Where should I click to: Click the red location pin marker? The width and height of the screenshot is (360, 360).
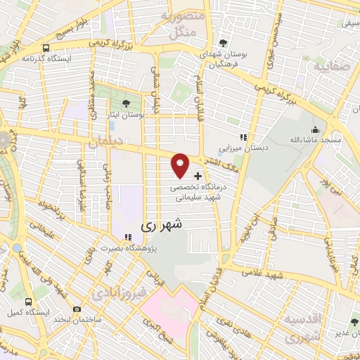pos(180,165)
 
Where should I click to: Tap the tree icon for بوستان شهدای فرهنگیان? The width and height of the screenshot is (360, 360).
pos(224,41)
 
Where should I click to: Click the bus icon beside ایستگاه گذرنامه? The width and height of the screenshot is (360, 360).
pos(46,48)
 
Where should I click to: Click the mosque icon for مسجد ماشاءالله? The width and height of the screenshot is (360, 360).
pos(314,130)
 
